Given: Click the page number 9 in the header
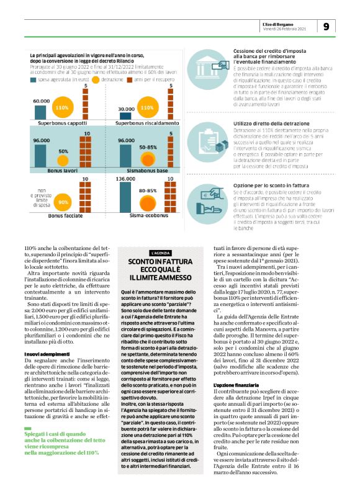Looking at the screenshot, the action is coord(327,27).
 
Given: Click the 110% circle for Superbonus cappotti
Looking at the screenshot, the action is coord(61,108).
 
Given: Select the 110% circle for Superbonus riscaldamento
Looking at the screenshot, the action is coord(147,108).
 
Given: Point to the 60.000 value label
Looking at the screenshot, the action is coord(42,100).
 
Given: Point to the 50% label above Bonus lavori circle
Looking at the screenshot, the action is coord(63,151).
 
